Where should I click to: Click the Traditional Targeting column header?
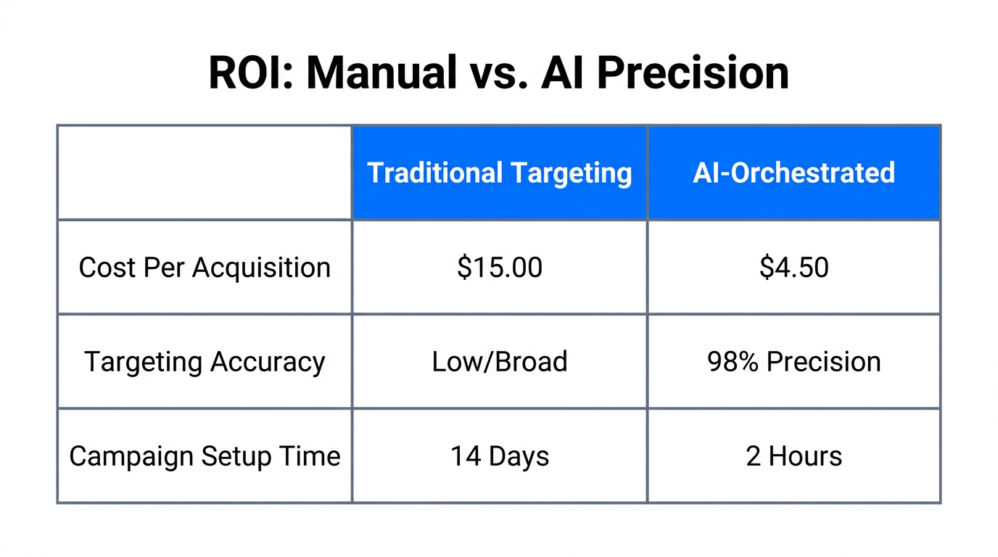pos(499,173)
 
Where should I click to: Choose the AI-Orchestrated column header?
pos(793,173)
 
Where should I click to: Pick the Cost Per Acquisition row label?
pos(205,268)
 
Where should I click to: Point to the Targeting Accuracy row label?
pos(205,362)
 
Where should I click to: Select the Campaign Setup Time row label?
pos(205,456)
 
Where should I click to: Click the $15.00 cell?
pos(499,268)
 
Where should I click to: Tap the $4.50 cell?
pos(793,268)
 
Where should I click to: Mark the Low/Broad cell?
pos(499,362)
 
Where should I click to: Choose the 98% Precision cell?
pos(793,362)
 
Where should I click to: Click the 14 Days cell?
pos(499,456)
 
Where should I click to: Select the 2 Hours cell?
pos(793,456)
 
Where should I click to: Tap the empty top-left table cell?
pos(205,173)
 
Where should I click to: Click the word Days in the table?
pos(519,456)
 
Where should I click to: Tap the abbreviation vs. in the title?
pos(500,73)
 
